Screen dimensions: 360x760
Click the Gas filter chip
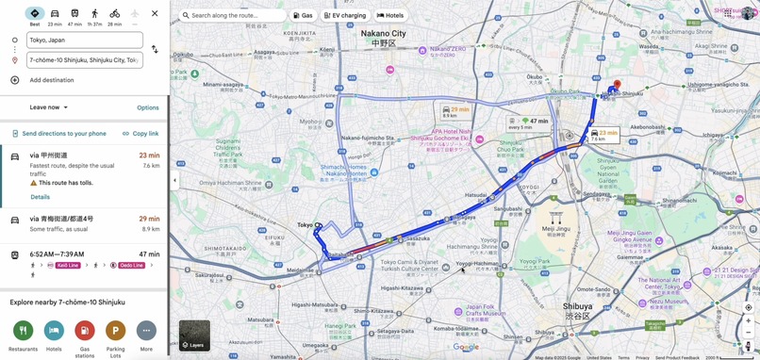(303, 16)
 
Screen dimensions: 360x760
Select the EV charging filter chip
(345, 16)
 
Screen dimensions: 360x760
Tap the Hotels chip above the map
(390, 16)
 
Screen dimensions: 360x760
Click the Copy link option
(140, 134)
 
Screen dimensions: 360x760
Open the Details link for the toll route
(40, 197)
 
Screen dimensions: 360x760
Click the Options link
(148, 107)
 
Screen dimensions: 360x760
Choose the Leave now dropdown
(49, 107)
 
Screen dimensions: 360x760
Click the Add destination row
(52, 80)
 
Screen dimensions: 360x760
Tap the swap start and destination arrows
(155, 50)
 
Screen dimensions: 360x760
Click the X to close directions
(155, 13)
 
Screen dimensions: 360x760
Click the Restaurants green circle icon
(24, 331)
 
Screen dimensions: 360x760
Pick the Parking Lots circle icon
(115, 331)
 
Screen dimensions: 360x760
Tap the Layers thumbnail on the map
(194, 335)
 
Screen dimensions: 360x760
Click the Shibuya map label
(578, 307)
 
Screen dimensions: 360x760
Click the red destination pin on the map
(617, 87)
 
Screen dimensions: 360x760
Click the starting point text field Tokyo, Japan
(85, 41)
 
